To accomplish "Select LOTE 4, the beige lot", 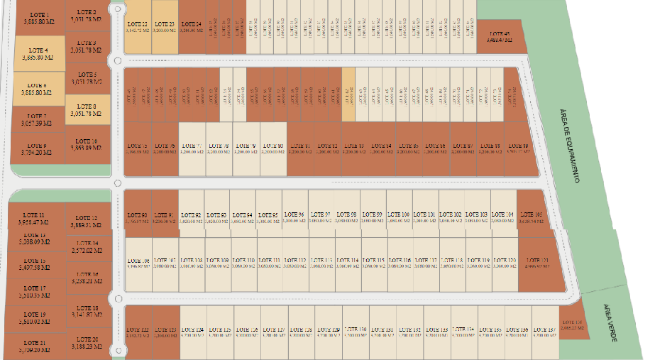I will point(39,54).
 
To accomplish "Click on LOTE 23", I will point(164,27).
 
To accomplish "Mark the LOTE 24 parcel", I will point(191,27).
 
